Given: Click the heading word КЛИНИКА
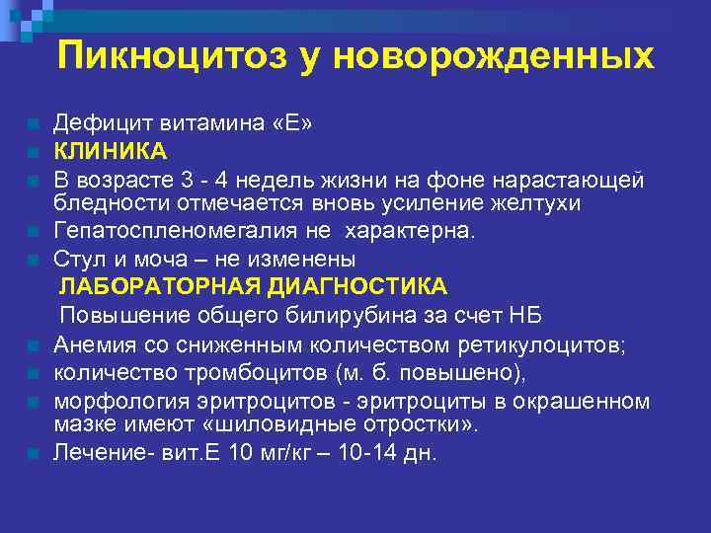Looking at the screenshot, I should pyautogui.click(x=111, y=151).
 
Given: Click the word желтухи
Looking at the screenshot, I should pyautogui.click(x=531, y=203).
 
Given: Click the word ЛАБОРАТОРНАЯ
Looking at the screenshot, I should pyautogui.click(x=158, y=286).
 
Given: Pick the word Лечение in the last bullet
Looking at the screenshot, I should pyautogui.click(x=94, y=453).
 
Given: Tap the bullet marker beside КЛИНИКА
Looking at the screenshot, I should pyautogui.click(x=35, y=153).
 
